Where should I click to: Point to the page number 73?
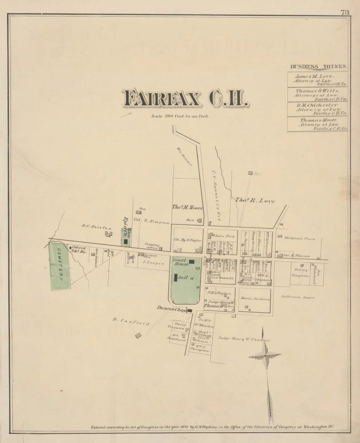(x=345, y=12)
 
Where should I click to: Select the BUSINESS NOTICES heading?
(x=319, y=67)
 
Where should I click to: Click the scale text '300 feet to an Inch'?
(x=180, y=116)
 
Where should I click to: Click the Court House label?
(x=180, y=262)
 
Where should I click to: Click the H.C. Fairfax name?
(x=97, y=226)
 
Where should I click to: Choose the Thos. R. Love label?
(x=255, y=201)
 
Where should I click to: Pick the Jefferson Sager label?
(x=298, y=297)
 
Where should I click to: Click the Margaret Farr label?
(x=299, y=238)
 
